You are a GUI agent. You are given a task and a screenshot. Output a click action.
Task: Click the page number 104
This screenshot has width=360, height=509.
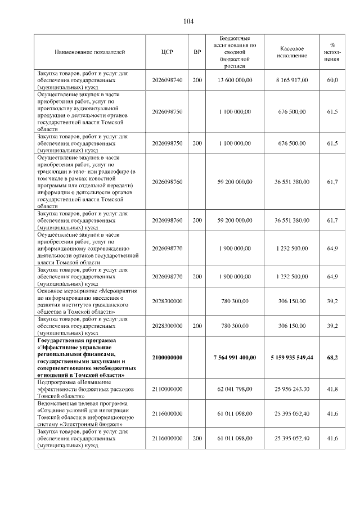point(188,21)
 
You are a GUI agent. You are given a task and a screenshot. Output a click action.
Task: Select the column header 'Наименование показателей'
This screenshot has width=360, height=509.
point(89,52)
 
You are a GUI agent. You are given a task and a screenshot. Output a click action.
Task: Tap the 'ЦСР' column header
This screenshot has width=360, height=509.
point(167,52)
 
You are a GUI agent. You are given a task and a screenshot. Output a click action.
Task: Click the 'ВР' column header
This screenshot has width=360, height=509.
point(197,52)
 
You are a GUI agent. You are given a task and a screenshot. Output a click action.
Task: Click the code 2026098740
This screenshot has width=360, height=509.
point(167,80)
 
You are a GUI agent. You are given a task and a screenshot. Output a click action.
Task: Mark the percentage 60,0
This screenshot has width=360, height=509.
point(332,80)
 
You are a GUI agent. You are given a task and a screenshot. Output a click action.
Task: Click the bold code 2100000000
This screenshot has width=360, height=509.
point(167,357)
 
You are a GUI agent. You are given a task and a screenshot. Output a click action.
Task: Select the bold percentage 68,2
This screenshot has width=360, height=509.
point(332,357)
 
